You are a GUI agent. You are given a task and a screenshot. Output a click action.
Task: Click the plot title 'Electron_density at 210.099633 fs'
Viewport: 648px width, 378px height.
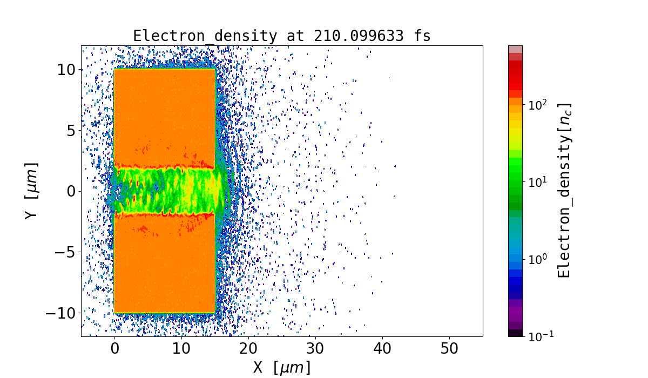click(x=281, y=36)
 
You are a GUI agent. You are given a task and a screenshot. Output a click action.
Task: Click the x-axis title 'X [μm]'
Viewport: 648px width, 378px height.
click(x=281, y=367)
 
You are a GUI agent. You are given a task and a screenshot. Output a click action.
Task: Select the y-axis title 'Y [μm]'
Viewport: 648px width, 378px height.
click(x=32, y=191)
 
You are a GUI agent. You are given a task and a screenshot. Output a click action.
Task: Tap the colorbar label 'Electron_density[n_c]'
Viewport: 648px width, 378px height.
click(x=564, y=190)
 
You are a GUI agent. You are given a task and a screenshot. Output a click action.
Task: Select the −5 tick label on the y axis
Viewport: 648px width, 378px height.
click(x=64, y=252)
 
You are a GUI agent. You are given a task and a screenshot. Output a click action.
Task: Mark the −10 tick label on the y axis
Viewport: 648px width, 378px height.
click(x=60, y=313)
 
